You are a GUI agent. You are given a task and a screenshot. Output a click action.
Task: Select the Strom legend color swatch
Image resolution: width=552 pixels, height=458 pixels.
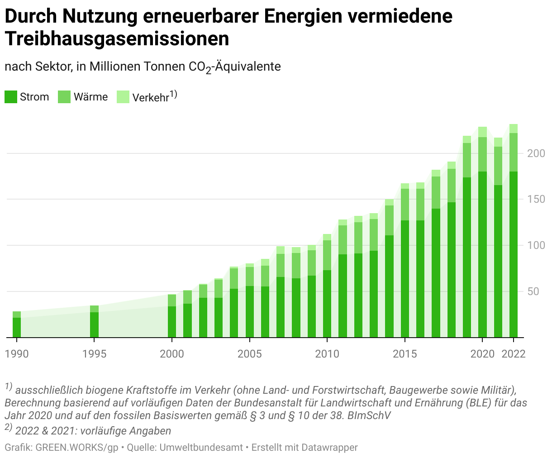pyautogui.click(x=10, y=97)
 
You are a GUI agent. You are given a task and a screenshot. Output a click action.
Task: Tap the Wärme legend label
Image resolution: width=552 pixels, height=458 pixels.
pyautogui.click(x=90, y=97)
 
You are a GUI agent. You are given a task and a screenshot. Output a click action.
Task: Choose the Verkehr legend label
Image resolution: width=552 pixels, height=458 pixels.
pyautogui.click(x=150, y=97)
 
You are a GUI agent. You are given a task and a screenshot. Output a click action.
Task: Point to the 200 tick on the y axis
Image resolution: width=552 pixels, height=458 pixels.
pyautogui.click(x=536, y=153)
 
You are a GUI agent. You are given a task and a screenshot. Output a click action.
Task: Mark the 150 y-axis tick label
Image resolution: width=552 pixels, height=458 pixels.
pyautogui.click(x=536, y=200)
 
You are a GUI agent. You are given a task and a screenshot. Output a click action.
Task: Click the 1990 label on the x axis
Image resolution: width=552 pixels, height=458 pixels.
pyautogui.click(x=17, y=354)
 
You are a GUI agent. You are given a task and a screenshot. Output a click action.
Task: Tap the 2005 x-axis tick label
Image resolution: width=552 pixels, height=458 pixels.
pyautogui.click(x=250, y=354)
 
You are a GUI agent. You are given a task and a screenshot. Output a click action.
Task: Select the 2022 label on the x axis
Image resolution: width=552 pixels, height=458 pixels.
pyautogui.click(x=514, y=354)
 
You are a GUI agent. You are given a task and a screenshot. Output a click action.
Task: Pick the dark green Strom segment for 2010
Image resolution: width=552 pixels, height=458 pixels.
pyautogui.click(x=327, y=303)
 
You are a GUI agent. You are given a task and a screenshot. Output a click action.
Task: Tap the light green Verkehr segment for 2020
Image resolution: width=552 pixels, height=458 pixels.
pyautogui.click(x=482, y=132)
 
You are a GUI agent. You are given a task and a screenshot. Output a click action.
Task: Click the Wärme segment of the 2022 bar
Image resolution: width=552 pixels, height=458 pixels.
pyautogui.click(x=514, y=152)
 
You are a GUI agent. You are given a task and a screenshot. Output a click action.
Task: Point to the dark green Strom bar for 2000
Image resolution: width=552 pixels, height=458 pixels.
pyautogui.click(x=172, y=322)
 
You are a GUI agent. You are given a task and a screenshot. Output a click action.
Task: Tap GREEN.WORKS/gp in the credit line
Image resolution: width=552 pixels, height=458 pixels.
pyautogui.click(x=77, y=448)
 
